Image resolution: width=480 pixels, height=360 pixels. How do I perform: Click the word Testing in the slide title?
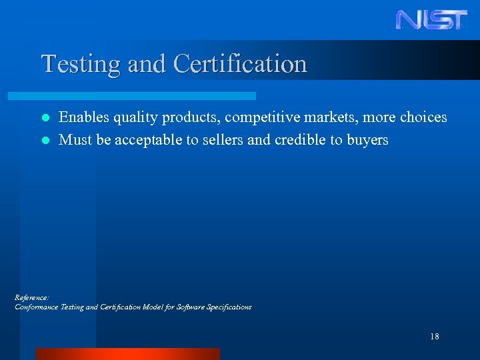tap(71, 64)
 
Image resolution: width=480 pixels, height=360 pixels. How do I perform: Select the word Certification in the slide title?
tap(240, 64)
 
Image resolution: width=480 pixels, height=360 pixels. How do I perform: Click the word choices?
tap(423, 117)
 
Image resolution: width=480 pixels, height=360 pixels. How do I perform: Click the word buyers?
tap(367, 141)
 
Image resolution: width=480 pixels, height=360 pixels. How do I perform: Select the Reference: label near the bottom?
tap(31, 297)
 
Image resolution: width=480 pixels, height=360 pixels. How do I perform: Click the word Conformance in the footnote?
tap(37, 307)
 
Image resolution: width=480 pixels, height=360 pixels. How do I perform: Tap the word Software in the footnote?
tap(191, 307)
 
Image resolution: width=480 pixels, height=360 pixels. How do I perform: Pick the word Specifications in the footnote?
tap(229, 307)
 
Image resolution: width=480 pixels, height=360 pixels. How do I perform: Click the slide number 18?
tap(435, 337)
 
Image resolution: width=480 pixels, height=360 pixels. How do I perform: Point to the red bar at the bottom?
tap(127, 354)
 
